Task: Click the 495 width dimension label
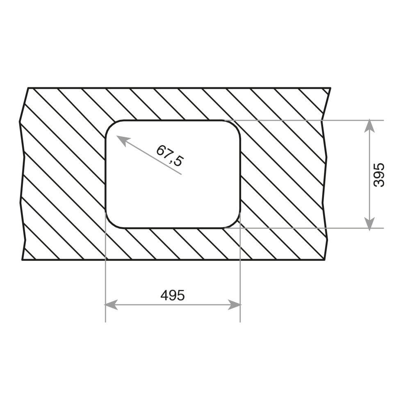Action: coord(173,295)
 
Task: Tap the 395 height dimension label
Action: coord(380,175)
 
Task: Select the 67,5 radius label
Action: coord(169,155)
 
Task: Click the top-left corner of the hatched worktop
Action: coord(28,88)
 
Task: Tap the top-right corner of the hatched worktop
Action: coord(330,88)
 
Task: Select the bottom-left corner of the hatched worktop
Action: coord(23,260)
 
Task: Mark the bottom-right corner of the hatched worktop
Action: coord(325,260)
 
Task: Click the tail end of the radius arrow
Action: coord(181,174)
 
